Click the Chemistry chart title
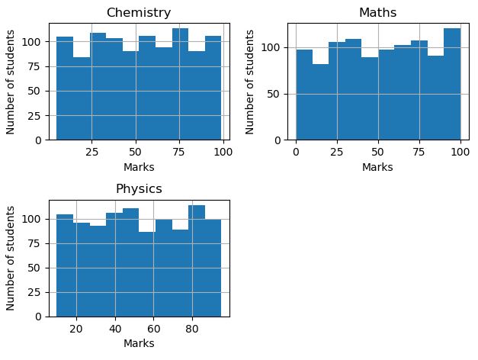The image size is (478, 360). tap(139, 13)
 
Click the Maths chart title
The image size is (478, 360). tap(377, 13)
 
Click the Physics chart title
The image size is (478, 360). tap(139, 188)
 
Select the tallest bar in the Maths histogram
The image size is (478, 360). tap(452, 84)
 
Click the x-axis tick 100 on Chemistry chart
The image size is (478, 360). tap(223, 152)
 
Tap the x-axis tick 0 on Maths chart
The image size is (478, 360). tap(296, 152)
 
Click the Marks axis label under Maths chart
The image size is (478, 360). tap(377, 167)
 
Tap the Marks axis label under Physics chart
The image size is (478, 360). tap(139, 343)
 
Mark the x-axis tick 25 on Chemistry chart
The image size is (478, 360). tap(91, 152)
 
